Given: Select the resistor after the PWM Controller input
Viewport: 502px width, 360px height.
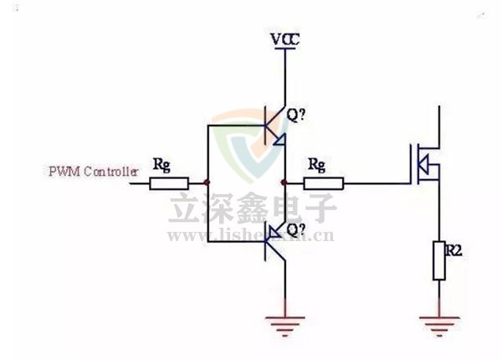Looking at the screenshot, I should point(169,182).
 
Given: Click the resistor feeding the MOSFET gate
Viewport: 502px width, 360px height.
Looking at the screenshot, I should point(324,183).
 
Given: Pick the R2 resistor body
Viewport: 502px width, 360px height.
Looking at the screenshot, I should point(438,260).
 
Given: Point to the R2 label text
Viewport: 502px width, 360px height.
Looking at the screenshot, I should point(453,248).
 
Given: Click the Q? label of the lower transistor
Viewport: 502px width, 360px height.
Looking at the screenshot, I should point(295,229).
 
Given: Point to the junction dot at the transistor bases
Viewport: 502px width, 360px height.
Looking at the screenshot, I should point(207,182).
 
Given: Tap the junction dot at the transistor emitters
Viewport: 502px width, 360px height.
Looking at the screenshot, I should point(286,182).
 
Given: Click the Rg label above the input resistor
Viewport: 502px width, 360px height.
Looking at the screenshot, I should point(161,164).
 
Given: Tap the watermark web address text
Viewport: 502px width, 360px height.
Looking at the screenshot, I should point(251,235).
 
